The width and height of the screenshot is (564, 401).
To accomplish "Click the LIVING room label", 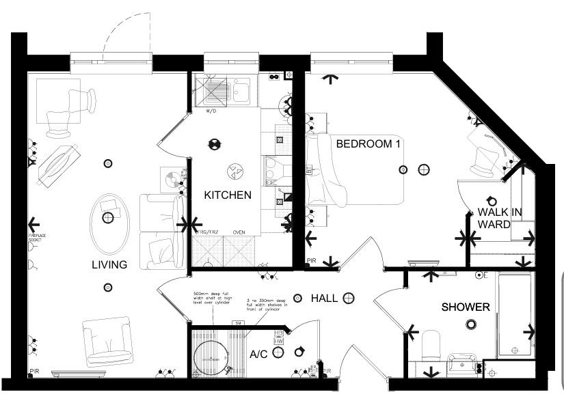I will coord(109,265).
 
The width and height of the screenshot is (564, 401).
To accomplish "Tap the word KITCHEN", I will coord(228,195).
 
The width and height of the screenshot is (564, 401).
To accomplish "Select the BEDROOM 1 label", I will coord(368,144).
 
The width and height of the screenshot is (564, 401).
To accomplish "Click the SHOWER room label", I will coord(465,307).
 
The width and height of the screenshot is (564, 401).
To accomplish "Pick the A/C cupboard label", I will coord(258,354).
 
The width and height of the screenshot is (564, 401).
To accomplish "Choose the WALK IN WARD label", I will coord(499,218).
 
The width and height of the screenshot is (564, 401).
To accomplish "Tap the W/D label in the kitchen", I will coord(211,110).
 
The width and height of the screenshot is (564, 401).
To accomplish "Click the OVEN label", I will coord(239,232).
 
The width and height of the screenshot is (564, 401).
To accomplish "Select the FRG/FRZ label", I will coord(208,232).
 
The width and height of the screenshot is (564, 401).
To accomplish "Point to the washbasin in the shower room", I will coord(461,363).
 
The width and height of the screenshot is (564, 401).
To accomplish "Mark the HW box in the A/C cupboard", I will coord(279,341).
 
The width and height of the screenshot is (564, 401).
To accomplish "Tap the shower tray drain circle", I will coord(470,324).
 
